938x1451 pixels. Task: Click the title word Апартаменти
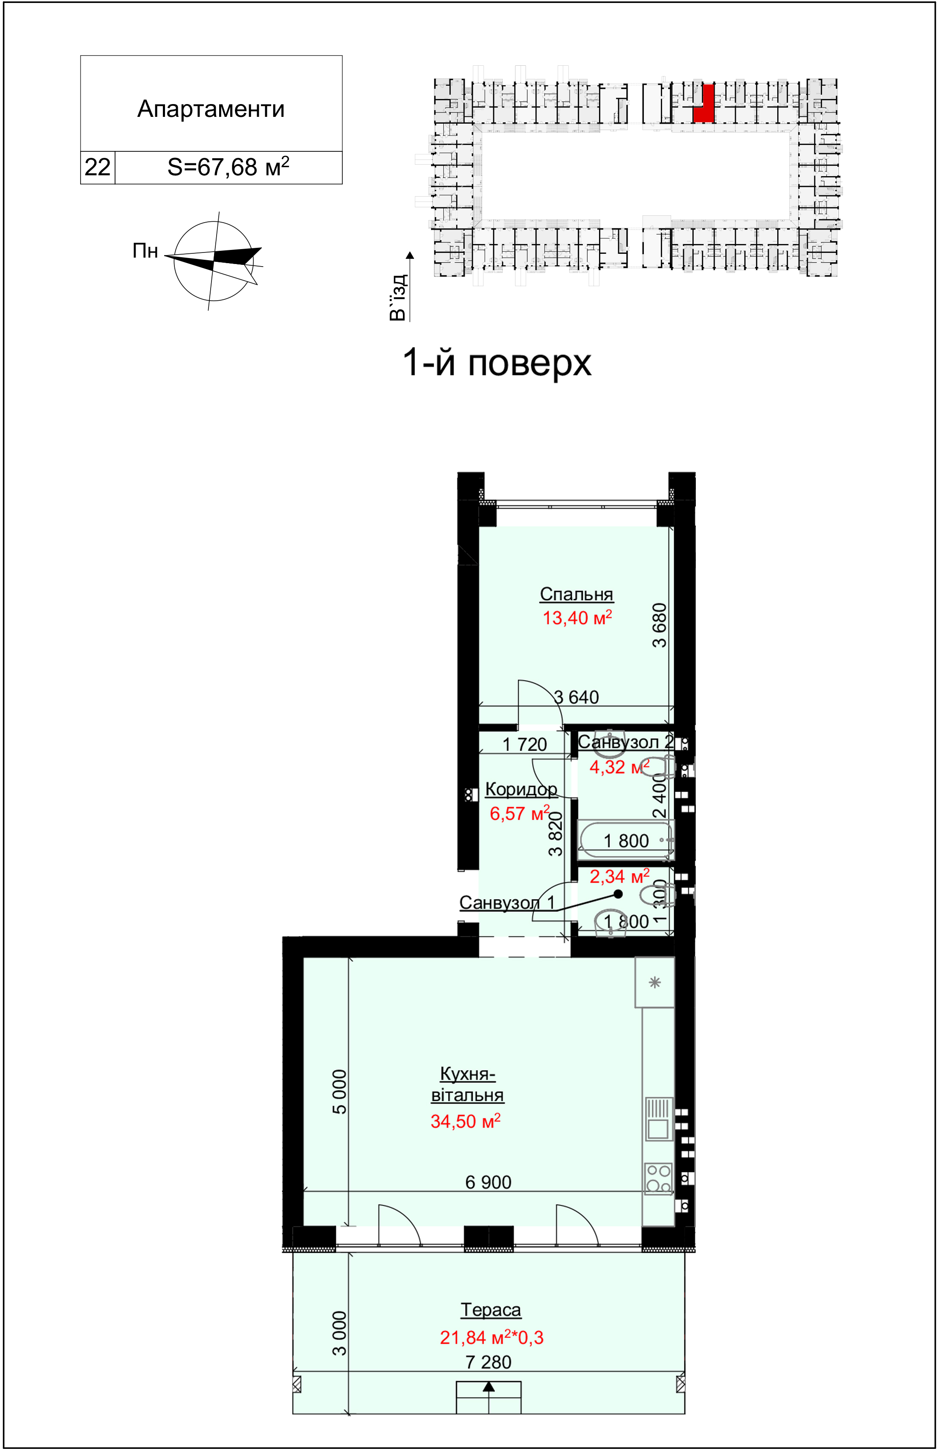point(211,109)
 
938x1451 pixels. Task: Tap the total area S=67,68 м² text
point(229,166)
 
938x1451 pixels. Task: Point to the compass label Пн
point(145,251)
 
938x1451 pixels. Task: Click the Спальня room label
point(576,594)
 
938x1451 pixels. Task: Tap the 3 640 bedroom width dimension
point(576,697)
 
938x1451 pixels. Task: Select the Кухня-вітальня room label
point(467,1084)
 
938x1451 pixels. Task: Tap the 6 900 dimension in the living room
point(489,1182)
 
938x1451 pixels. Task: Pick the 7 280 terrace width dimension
point(489,1362)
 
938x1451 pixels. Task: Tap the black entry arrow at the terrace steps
point(489,1387)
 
